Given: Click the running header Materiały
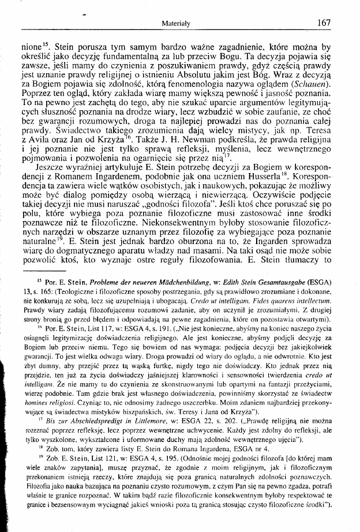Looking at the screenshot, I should coord(178,24).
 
